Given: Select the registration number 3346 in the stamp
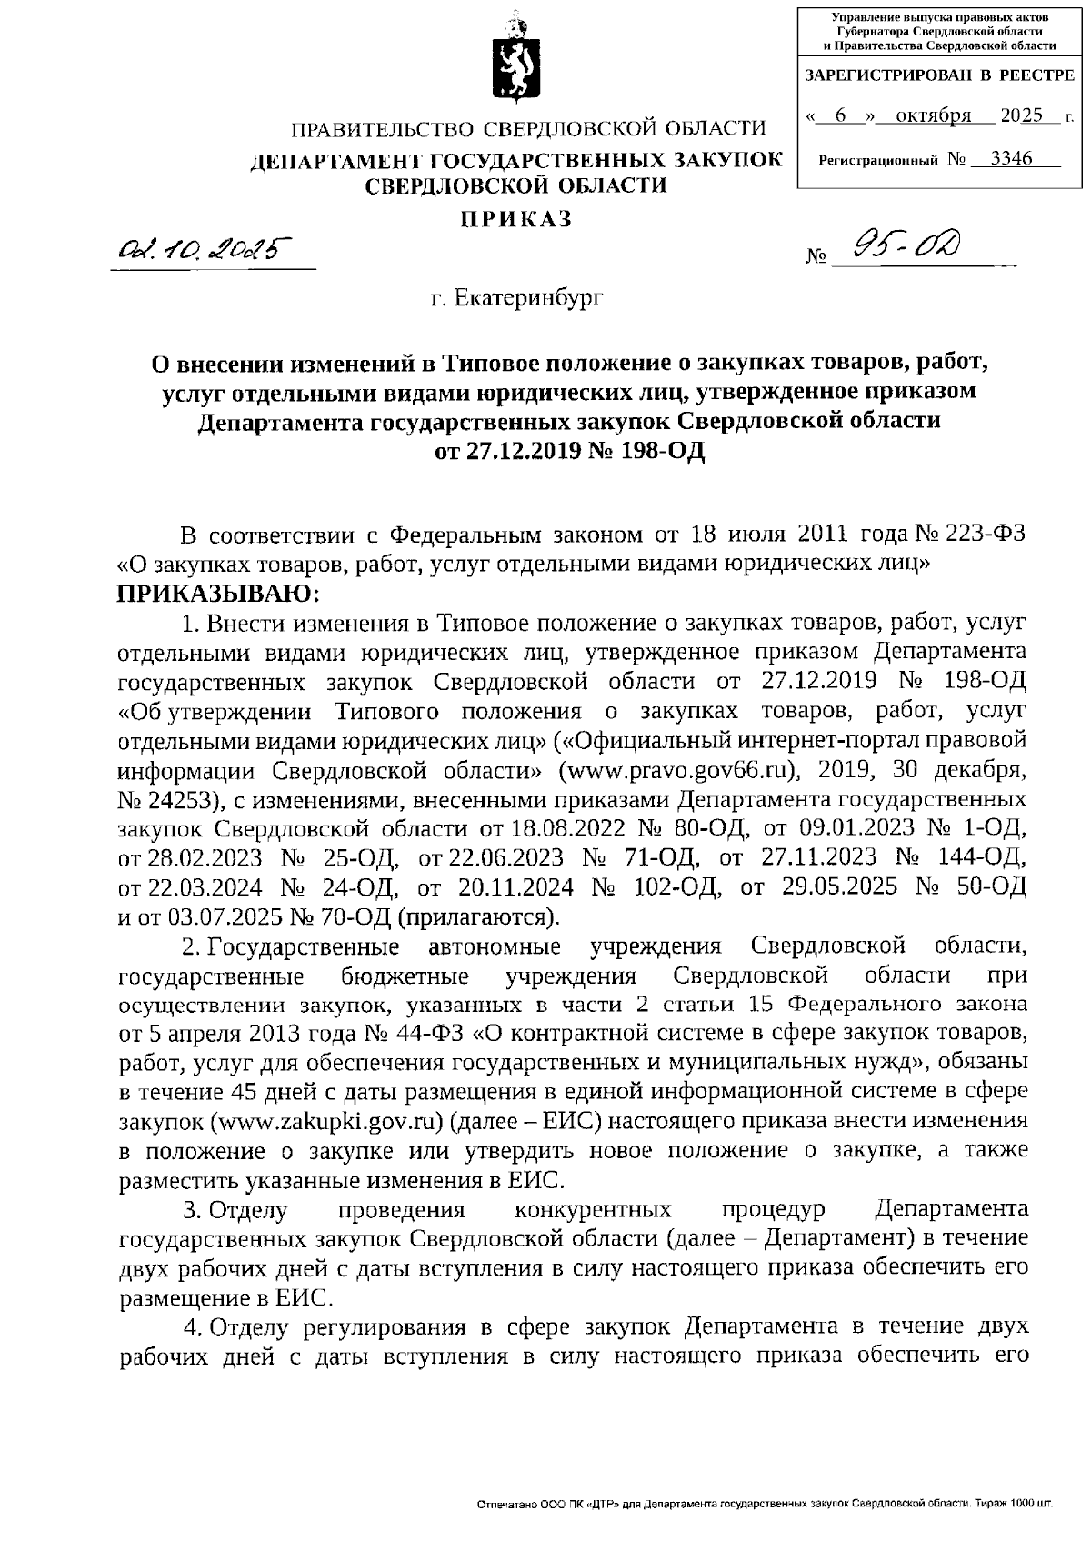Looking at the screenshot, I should pos(1011,159).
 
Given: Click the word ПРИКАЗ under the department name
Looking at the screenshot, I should pos(515,218).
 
